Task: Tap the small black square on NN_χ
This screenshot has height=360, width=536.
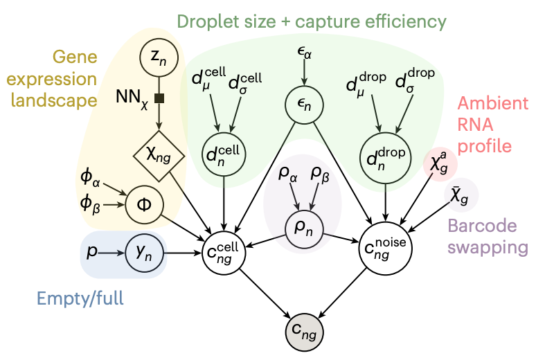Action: click(160, 99)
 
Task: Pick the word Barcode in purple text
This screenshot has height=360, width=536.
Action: click(482, 226)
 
